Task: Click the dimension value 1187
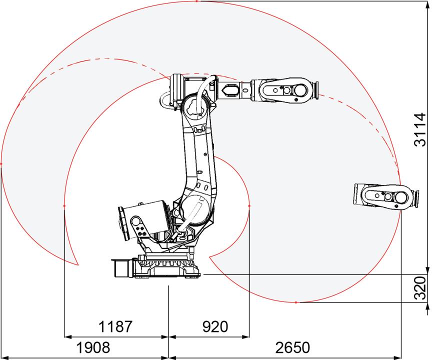click(x=115, y=326)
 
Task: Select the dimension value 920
click(x=215, y=326)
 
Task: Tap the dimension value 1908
click(x=93, y=347)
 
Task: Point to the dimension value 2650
click(x=292, y=347)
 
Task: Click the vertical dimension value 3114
click(x=420, y=129)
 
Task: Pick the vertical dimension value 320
click(x=420, y=288)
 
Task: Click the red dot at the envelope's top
click(x=197, y=1)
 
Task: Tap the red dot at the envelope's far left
click(x=1, y=164)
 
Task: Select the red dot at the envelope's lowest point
click(x=296, y=302)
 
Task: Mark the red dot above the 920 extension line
click(x=249, y=206)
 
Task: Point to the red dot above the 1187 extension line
click(x=64, y=206)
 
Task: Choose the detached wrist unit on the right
click(x=386, y=195)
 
